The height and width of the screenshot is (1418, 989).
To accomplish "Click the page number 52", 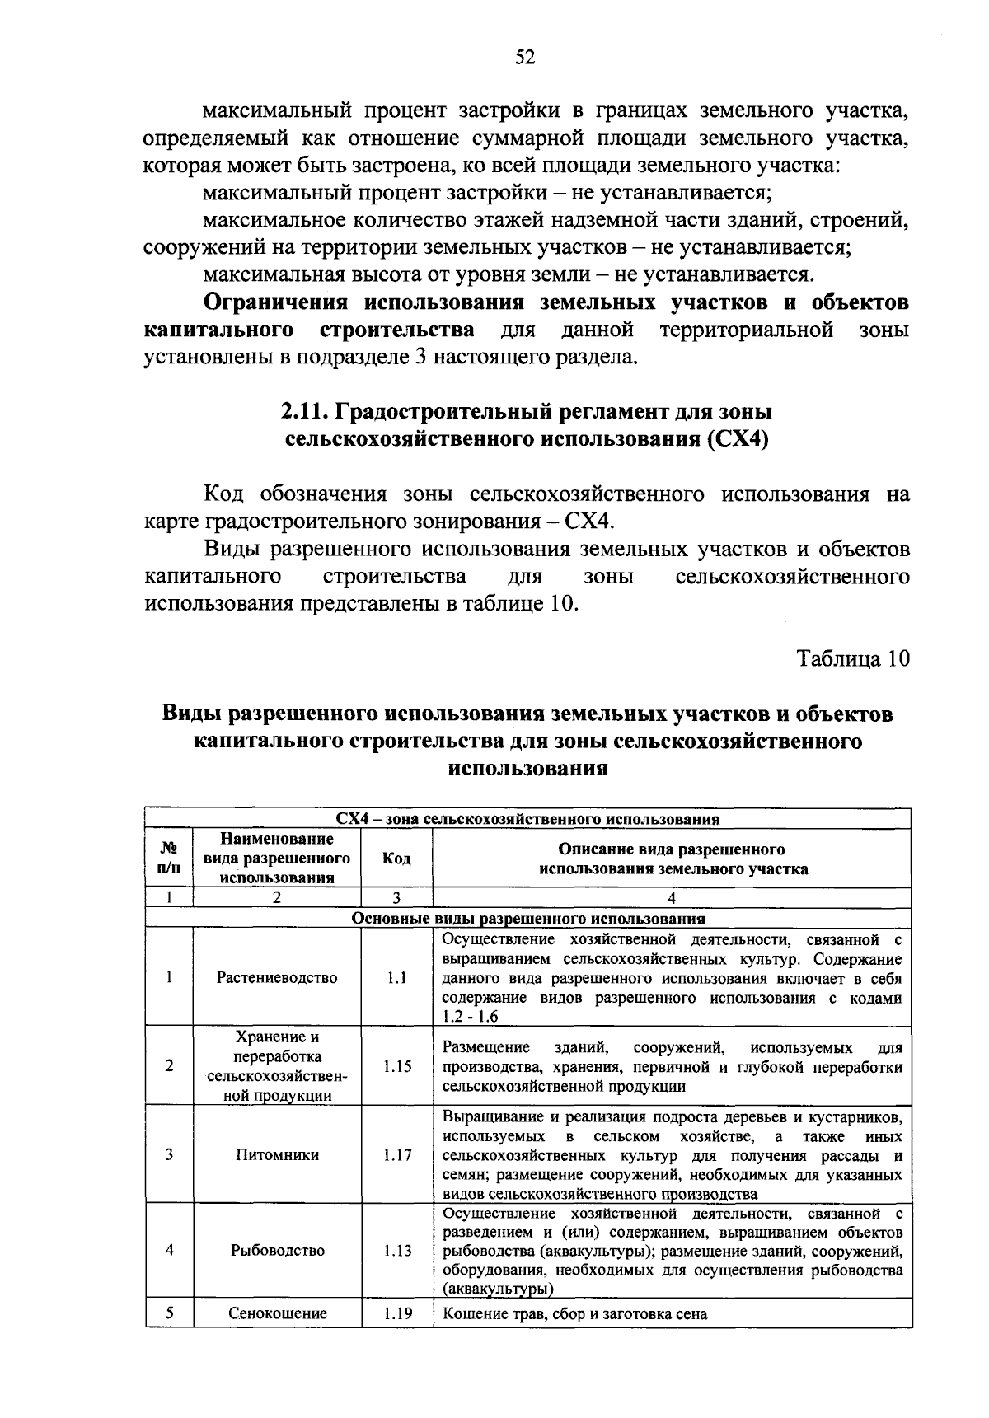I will [x=525, y=56].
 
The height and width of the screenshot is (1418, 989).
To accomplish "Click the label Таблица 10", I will [x=853, y=658].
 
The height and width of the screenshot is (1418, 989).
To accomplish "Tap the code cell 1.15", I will [x=397, y=1065].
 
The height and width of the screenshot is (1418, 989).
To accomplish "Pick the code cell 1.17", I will [x=397, y=1154].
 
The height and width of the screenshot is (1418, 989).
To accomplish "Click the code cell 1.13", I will [x=397, y=1250].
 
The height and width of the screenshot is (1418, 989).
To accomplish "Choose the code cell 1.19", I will [x=397, y=1313].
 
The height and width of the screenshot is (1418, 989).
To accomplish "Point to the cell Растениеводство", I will [x=277, y=977].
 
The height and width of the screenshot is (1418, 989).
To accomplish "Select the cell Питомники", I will [x=277, y=1154].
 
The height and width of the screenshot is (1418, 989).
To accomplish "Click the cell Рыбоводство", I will [x=277, y=1250].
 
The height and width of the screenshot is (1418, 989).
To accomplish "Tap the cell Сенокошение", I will [x=277, y=1313].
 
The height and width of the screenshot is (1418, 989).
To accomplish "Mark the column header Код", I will [x=397, y=859].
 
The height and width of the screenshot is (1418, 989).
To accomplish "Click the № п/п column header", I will [x=169, y=859].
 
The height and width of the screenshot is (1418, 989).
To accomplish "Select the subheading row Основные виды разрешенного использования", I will [x=527, y=918].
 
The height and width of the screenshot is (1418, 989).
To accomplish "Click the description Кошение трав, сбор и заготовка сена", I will [x=575, y=1314].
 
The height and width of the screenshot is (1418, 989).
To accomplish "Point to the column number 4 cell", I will [x=672, y=898].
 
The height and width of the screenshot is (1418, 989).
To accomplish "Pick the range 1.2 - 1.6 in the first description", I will [x=471, y=1017].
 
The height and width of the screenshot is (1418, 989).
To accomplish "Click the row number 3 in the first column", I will [x=169, y=1154].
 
